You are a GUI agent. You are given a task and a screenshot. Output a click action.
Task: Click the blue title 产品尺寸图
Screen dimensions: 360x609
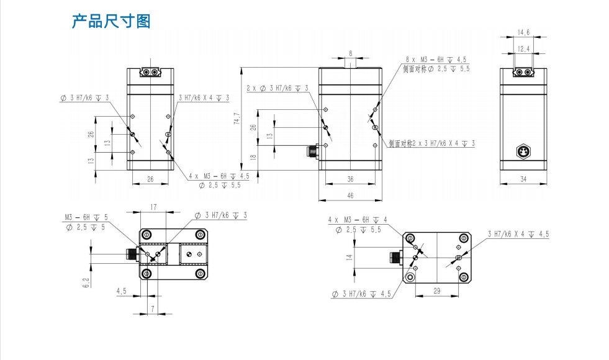(111, 22)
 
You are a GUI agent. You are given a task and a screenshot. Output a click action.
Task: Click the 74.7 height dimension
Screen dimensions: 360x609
(237, 119)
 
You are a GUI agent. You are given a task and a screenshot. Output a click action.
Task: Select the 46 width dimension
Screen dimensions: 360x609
(350, 196)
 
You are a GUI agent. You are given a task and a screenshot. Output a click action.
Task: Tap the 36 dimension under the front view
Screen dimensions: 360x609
(350, 179)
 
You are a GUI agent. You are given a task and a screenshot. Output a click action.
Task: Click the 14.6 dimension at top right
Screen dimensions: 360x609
(523, 32)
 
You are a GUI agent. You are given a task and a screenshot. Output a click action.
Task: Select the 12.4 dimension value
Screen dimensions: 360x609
(523, 48)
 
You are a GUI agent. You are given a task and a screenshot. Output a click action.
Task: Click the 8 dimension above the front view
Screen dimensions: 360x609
(351, 53)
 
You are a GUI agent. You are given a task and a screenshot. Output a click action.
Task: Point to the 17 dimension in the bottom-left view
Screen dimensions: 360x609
(153, 207)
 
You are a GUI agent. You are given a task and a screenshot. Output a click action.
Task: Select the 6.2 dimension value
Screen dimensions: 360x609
(86, 282)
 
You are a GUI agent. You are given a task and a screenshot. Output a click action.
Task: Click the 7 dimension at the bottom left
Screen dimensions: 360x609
(152, 308)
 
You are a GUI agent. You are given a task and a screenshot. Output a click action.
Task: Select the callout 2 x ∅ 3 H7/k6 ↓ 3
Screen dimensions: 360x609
(277, 88)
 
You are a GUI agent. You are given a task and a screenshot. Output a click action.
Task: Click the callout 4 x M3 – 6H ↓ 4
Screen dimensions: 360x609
(357, 220)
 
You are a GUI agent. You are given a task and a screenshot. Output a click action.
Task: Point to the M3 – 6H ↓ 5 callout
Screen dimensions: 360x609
(86, 217)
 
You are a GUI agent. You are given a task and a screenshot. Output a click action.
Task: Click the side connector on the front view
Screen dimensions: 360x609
(312, 150)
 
